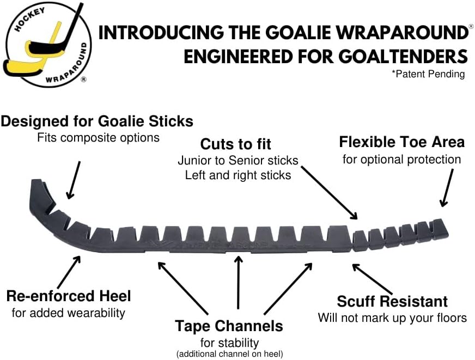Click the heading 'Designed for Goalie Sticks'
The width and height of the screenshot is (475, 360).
(x=97, y=121)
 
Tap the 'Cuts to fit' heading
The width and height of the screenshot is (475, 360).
(x=236, y=144)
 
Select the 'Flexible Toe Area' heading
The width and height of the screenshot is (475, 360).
(x=401, y=142)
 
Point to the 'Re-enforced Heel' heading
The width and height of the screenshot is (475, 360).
(x=69, y=296)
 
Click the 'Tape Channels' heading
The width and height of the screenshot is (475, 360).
(x=229, y=326)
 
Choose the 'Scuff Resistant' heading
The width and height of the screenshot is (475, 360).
(x=392, y=301)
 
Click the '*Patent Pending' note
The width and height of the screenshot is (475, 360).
(x=428, y=74)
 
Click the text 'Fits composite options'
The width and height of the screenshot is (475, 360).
(x=98, y=138)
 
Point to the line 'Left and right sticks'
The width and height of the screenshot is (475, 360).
(x=238, y=175)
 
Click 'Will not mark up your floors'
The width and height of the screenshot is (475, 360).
(x=392, y=318)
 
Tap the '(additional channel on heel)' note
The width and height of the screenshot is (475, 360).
(x=230, y=353)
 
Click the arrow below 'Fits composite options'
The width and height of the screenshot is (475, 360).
(x=74, y=180)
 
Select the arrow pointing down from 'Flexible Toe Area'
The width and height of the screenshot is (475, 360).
(x=447, y=188)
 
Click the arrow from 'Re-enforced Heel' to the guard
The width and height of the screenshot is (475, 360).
(x=69, y=272)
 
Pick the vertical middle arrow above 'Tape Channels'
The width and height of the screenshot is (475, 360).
(x=239, y=283)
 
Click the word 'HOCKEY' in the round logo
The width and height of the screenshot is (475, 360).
(x=29, y=20)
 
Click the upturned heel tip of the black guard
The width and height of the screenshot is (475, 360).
(x=36, y=182)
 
